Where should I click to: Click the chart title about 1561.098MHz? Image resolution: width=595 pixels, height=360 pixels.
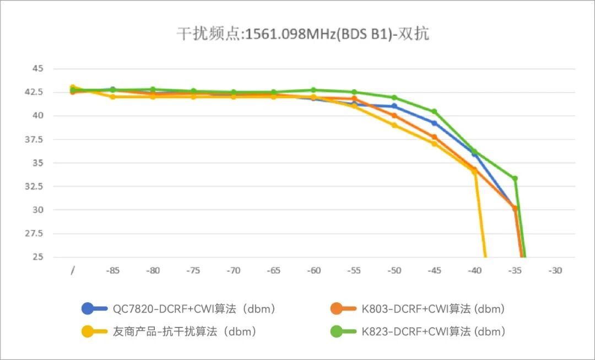[x=302, y=34]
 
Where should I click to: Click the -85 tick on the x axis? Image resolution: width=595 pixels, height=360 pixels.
[x=113, y=271]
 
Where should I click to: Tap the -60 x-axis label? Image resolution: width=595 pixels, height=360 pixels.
[x=314, y=271]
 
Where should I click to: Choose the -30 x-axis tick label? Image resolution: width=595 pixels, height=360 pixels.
[x=555, y=271]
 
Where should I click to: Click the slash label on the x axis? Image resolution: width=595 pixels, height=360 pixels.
[x=73, y=271]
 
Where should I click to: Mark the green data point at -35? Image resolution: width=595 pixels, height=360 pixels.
[x=515, y=179]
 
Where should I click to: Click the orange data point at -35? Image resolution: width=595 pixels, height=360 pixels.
[x=515, y=209]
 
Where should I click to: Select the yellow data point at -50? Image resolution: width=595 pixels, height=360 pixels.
[x=394, y=125]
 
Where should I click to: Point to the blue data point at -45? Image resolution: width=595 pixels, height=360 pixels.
[x=434, y=123]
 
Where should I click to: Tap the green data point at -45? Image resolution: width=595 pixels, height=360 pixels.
[x=434, y=112]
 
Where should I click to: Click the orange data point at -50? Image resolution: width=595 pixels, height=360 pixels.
[x=394, y=116]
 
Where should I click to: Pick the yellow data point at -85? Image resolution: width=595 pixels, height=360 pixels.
[x=113, y=97]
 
